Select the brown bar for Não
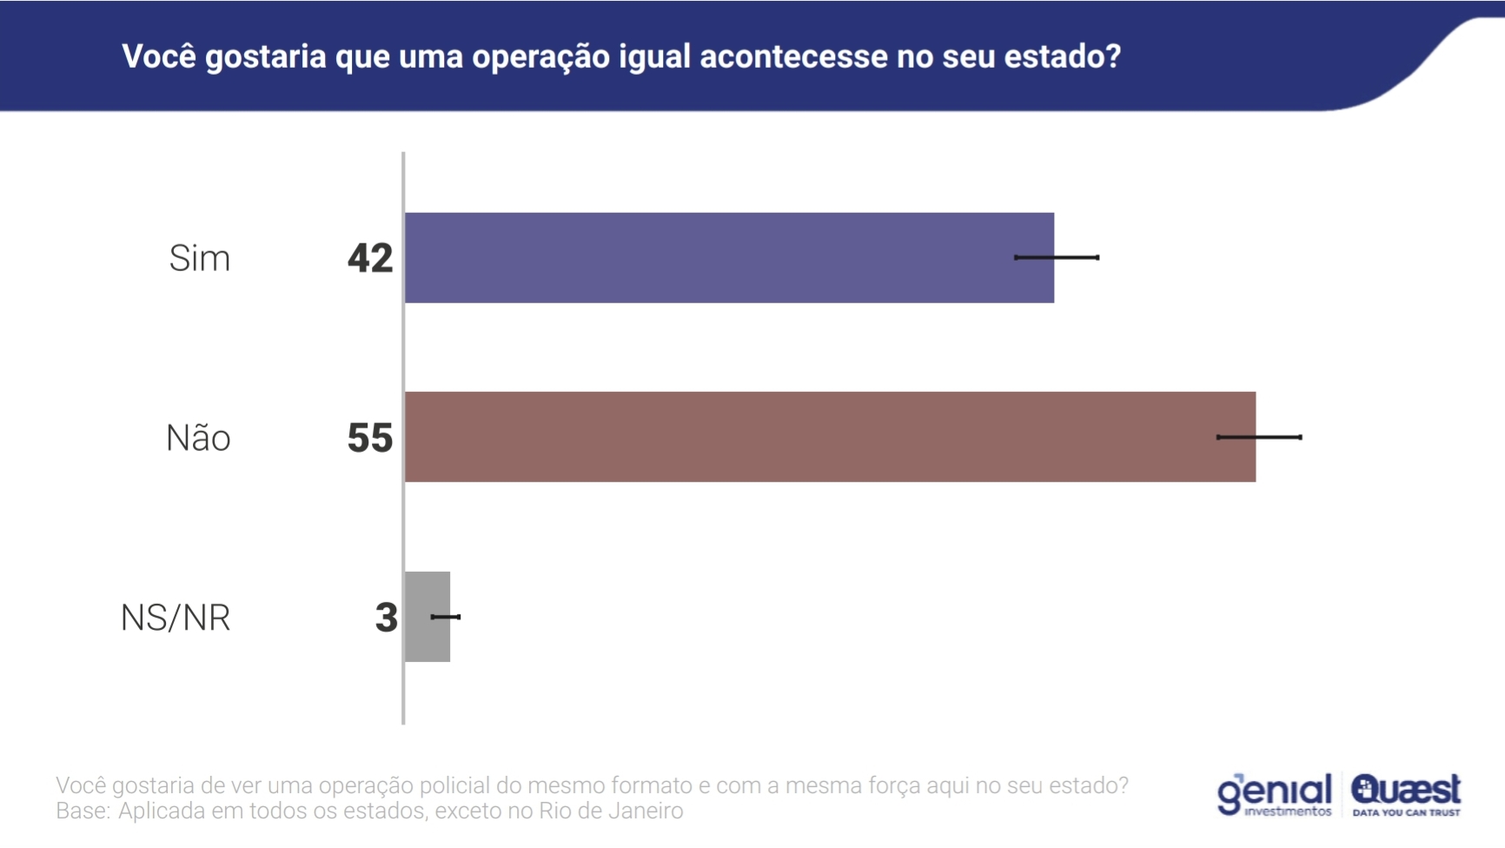830,437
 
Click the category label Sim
200,259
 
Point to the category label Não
198,438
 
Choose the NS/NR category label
176,618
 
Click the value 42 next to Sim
370,258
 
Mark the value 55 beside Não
370,438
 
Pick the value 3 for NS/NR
386,618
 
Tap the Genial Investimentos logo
1274,794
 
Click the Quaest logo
1406,794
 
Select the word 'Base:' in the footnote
83,811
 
